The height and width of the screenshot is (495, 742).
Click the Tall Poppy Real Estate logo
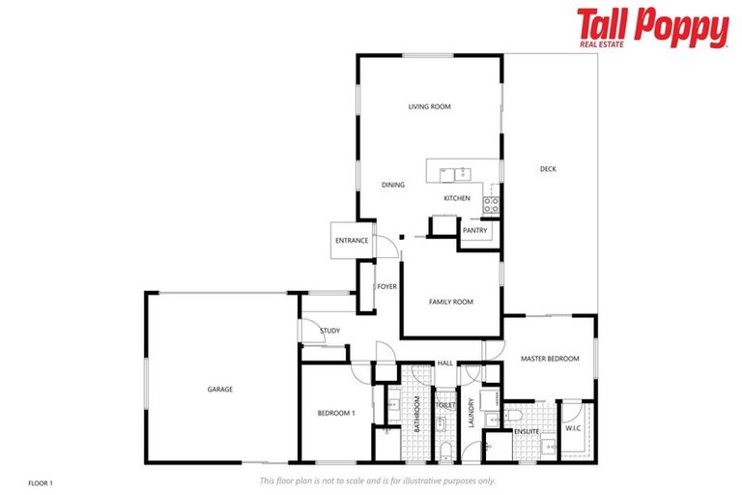click(652, 28)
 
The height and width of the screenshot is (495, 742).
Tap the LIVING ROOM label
click(429, 107)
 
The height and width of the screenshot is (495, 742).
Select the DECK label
click(548, 170)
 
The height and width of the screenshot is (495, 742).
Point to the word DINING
click(392, 185)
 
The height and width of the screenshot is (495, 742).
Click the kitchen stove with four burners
click(491, 205)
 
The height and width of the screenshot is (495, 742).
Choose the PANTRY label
click(474, 230)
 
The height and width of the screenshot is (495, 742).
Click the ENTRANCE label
click(352, 241)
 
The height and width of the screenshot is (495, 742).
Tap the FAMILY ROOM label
click(450, 303)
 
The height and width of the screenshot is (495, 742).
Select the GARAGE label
click(219, 390)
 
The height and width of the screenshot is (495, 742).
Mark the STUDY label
click(329, 332)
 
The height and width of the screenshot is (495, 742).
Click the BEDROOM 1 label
click(336, 414)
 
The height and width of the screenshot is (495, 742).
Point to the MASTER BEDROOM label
click(550, 359)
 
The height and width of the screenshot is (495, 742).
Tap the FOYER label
click(386, 286)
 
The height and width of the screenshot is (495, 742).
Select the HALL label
click(444, 364)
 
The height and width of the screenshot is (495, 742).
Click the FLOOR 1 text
click(40, 481)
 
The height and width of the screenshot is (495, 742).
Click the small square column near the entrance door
click(402, 237)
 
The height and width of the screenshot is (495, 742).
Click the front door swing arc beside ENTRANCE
click(384, 248)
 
